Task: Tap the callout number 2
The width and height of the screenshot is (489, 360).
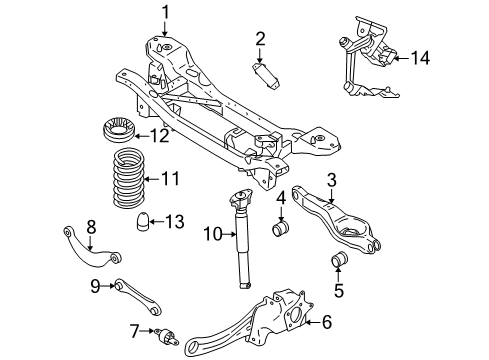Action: pyautogui.click(x=260, y=40)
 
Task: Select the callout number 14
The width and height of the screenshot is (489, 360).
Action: pyautogui.click(x=420, y=59)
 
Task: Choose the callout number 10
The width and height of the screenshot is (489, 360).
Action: pyautogui.click(x=210, y=235)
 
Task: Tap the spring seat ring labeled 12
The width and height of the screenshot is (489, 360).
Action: pyautogui.click(x=117, y=132)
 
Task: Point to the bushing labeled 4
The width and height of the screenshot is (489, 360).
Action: pyautogui.click(x=281, y=233)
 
